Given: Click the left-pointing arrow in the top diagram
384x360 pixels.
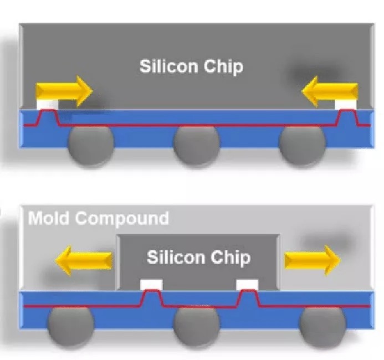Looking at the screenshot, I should (330, 91).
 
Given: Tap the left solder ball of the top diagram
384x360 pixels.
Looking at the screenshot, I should (90, 145).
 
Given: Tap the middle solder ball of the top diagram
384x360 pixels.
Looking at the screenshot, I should (196, 146).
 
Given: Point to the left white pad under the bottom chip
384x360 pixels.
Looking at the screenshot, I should (151, 285).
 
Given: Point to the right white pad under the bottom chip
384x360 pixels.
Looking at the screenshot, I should (247, 285).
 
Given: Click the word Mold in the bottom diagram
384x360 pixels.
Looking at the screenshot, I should (49, 218).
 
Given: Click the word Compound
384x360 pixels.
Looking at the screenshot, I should (122, 218).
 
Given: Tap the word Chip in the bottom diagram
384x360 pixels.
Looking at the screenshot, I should (229, 258).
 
